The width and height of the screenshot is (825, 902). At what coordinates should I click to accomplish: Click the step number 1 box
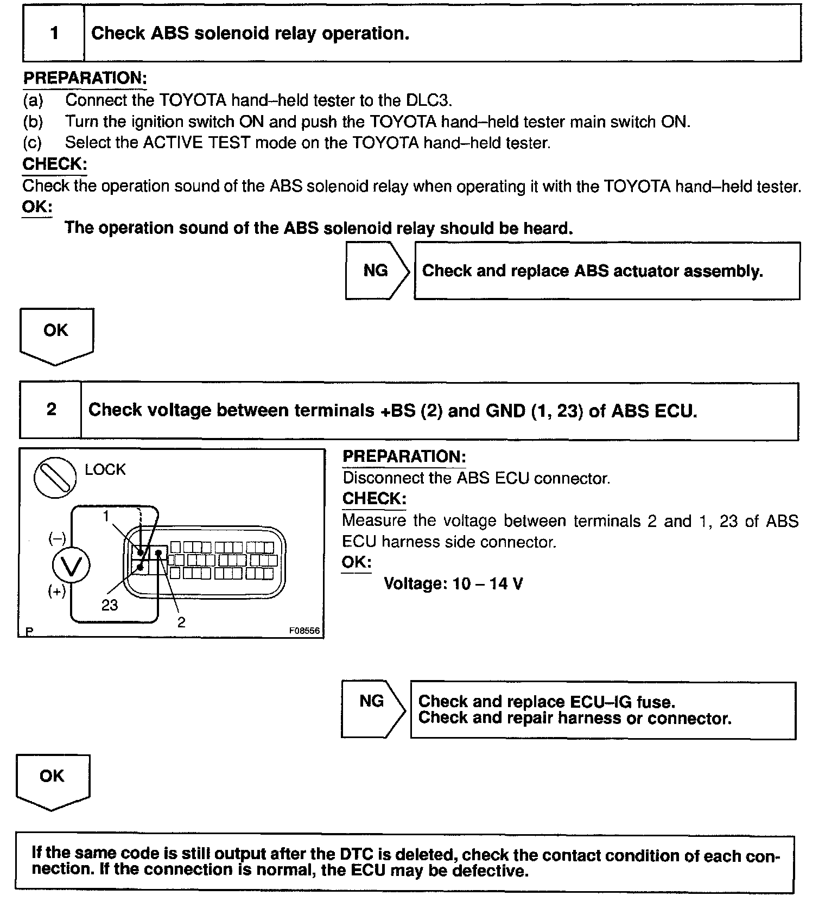[54, 33]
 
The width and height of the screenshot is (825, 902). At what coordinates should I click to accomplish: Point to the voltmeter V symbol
[71, 566]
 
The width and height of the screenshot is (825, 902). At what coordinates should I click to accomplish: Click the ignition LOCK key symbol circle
[55, 477]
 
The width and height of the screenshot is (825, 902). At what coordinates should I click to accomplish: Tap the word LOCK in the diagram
[105, 469]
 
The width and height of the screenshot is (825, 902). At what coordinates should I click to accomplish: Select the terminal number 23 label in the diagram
[110, 605]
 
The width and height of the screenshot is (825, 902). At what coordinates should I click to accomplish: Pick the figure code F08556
[304, 631]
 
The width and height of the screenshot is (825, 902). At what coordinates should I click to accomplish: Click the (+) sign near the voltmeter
[56, 591]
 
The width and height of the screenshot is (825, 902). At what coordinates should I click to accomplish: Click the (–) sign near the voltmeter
[57, 538]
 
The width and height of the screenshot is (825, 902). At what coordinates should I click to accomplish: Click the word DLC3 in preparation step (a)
[428, 100]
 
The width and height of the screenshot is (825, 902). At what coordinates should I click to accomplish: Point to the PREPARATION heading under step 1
[85, 78]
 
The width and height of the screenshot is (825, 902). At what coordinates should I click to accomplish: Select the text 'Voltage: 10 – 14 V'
[453, 583]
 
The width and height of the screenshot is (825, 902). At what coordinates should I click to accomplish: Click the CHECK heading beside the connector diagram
[374, 498]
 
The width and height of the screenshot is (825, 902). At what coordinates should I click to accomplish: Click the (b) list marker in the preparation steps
[33, 122]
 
